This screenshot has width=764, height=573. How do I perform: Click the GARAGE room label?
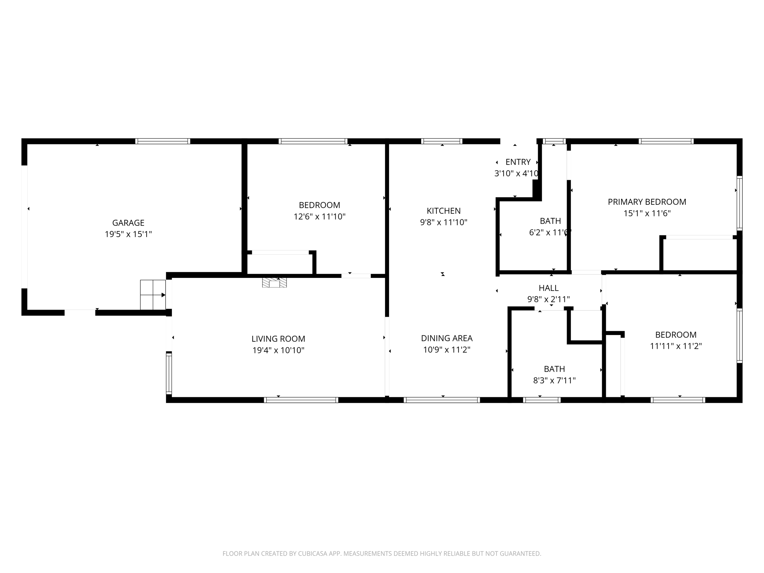(128, 223)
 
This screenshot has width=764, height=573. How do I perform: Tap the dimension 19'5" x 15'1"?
(128, 234)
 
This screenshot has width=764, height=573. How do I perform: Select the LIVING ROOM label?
(278, 339)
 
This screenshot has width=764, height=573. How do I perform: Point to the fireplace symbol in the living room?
(274, 283)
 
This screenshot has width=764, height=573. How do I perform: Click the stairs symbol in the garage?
(153, 295)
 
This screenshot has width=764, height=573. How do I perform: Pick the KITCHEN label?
(444, 211)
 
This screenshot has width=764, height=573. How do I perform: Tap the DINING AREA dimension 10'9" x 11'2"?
(447, 350)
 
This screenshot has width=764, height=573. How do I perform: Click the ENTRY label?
(518, 162)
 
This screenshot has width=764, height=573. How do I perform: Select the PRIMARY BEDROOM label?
(647, 202)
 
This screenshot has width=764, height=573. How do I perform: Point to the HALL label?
(548, 288)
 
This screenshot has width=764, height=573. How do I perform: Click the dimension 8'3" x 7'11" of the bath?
(554, 381)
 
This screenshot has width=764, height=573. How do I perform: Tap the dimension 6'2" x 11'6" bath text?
(550, 232)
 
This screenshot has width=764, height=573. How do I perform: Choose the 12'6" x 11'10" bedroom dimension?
(319, 217)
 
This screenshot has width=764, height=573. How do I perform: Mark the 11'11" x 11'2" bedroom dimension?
(676, 346)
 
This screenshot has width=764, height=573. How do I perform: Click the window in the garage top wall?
(163, 141)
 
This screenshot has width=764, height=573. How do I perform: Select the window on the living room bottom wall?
(301, 400)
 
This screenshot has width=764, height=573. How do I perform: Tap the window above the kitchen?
(442, 141)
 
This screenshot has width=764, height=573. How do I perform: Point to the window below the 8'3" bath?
(542, 400)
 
